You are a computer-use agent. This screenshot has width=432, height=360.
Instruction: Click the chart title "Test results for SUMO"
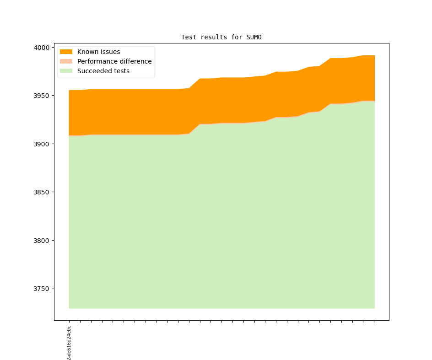click(221, 37)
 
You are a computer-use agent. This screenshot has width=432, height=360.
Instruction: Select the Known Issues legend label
click(98, 52)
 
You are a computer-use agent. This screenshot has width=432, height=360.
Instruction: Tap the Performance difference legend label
click(114, 61)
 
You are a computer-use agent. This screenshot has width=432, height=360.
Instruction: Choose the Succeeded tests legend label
click(103, 71)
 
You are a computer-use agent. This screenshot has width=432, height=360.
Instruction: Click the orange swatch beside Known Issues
click(66, 52)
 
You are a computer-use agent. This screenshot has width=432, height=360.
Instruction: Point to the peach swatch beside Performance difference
click(66, 61)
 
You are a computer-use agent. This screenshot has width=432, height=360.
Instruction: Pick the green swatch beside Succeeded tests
click(66, 71)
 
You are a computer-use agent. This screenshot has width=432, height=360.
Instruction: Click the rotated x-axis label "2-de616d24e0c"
click(69, 343)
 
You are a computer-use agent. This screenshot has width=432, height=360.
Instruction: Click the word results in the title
click(210, 37)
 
